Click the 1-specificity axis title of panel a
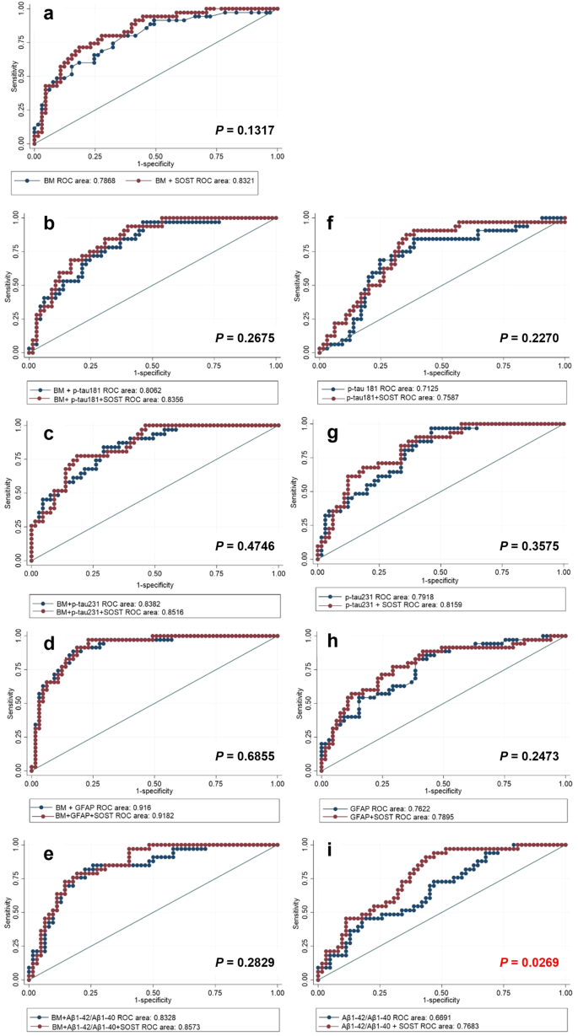point(154,163)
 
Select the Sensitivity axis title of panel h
point(297,704)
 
